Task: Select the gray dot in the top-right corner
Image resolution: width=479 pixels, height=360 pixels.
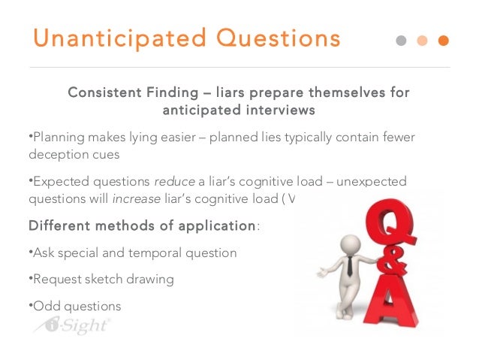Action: pos(400,40)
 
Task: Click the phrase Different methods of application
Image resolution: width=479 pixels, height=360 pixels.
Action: pos(142,225)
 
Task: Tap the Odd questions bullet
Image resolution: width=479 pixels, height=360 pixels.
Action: pos(76,306)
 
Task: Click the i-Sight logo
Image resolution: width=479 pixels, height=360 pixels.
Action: pos(72,325)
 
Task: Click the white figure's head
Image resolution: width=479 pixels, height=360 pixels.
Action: pos(348,244)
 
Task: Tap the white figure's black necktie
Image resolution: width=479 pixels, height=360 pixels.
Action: pos(350,264)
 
